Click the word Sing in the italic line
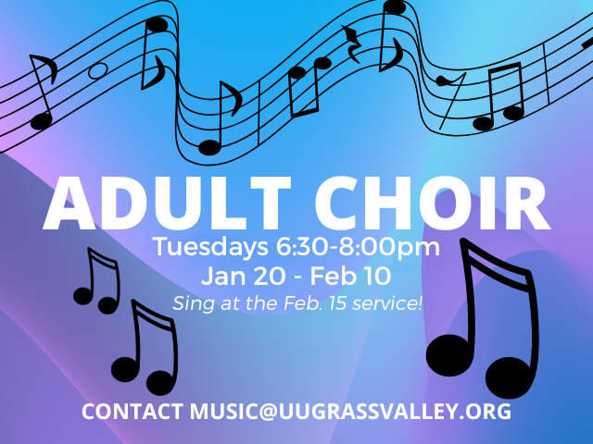189,302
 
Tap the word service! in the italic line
393,302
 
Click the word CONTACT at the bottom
132,411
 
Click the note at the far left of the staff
42,92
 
